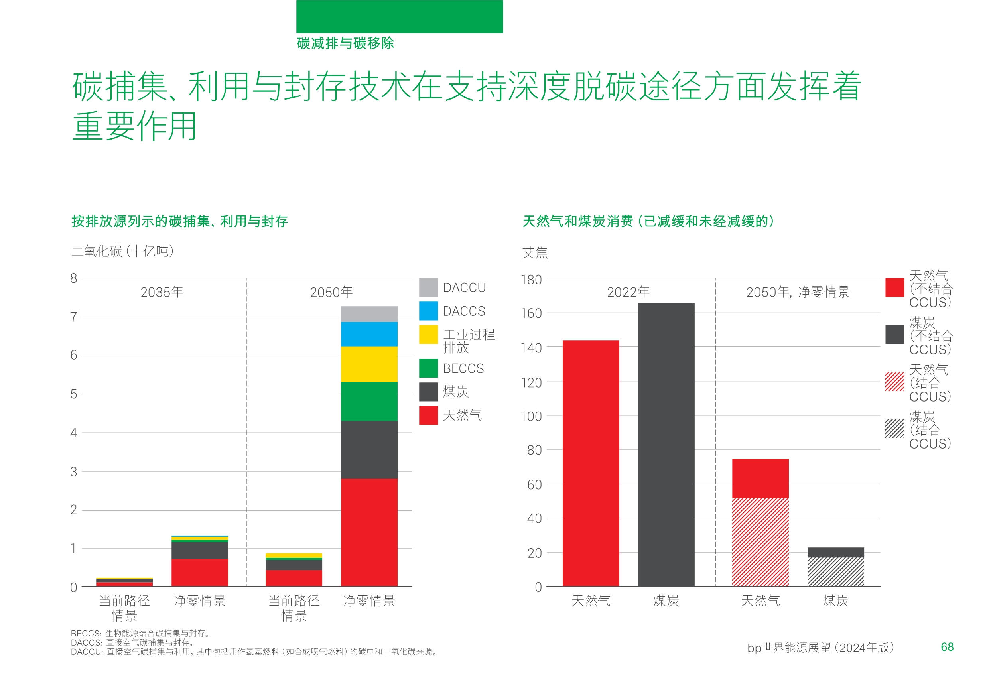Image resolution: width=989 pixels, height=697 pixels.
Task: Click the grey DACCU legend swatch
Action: click(428, 287)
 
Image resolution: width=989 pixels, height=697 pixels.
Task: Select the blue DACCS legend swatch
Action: click(428, 311)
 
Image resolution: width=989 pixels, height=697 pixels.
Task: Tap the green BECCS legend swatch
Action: click(428, 368)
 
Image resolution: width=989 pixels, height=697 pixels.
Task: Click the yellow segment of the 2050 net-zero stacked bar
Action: click(369, 364)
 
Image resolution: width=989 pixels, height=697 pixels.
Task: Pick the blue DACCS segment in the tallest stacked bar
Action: click(369, 334)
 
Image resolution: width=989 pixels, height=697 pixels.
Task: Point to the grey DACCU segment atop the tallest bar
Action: click(369, 314)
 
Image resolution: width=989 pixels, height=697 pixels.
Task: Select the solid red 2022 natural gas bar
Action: click(591, 463)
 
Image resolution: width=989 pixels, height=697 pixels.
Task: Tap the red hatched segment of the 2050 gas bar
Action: click(760, 542)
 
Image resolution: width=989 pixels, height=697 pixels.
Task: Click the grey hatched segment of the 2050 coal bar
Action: click(835, 572)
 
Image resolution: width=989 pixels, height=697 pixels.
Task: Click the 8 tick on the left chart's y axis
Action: click(74, 278)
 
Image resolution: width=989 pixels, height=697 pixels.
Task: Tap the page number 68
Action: click(947, 647)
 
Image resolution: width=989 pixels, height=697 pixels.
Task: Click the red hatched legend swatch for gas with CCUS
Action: click(894, 382)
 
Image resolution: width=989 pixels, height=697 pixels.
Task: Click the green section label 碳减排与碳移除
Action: click(345, 43)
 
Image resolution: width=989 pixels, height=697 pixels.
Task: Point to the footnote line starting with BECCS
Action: click(140, 633)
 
